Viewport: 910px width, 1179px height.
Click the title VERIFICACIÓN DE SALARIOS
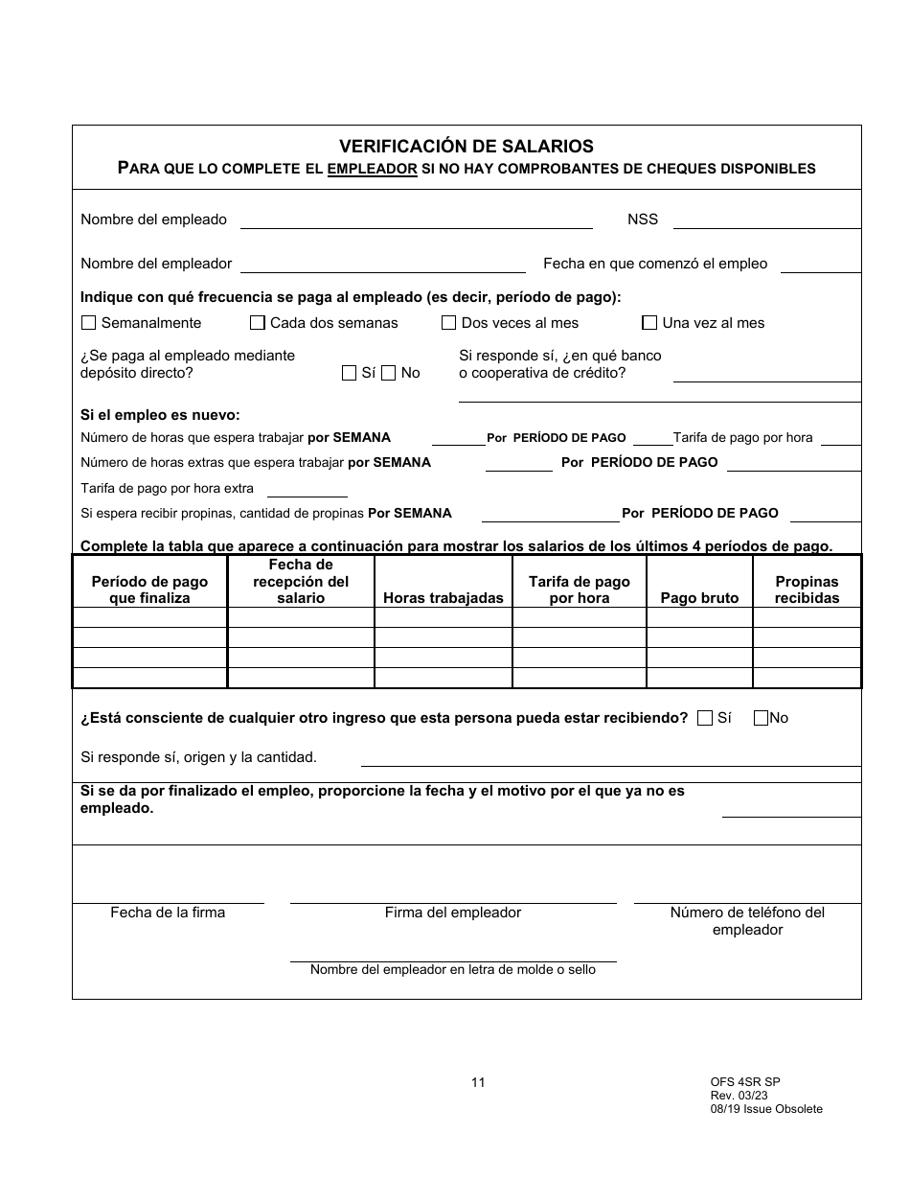[x=466, y=147]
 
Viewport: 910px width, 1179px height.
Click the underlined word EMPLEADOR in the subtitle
[x=372, y=169]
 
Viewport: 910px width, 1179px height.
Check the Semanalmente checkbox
[x=89, y=323]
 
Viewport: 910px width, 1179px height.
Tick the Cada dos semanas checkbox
[x=258, y=323]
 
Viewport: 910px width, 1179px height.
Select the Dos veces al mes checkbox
[x=448, y=323]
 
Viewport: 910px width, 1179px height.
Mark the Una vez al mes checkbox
[x=649, y=323]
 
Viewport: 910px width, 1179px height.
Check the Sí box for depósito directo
[x=349, y=373]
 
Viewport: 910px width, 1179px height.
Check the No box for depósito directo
[x=389, y=373]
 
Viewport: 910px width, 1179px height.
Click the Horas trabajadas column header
[x=443, y=598]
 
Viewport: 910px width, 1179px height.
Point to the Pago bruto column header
[x=699, y=598]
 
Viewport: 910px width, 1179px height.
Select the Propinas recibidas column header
[x=807, y=589]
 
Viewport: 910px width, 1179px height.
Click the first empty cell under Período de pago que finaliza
[x=149, y=618]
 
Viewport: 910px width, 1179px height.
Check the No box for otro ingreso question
[x=762, y=717]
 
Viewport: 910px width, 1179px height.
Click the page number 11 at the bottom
[x=478, y=1082]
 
